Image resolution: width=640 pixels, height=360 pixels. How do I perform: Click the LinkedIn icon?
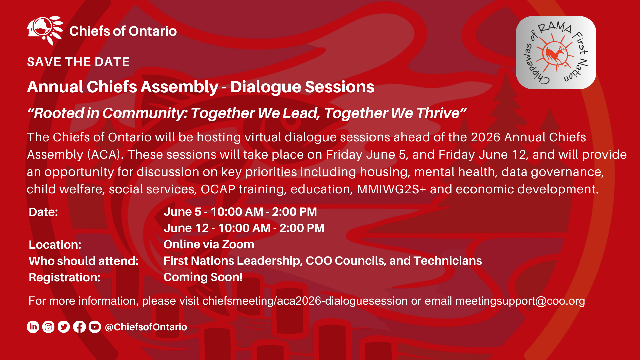coord(33,327)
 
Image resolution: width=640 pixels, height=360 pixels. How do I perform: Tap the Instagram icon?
coord(48,327)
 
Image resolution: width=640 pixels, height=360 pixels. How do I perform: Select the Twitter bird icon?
coord(64,327)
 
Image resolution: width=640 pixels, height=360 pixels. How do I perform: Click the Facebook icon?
coord(79,327)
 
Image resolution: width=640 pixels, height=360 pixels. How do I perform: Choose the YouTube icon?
coord(95,327)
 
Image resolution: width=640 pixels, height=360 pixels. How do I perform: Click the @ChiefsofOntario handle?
coord(146,327)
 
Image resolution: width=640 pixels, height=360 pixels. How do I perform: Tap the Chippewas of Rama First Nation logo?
coord(556,52)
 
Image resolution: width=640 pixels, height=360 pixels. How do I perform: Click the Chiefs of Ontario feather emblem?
coord(45,30)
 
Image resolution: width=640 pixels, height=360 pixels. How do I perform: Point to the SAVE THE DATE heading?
coord(78,62)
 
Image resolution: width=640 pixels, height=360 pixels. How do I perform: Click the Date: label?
coord(43,212)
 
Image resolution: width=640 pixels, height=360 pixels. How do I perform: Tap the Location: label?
coord(55,245)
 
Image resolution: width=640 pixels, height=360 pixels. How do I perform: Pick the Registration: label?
coord(65,277)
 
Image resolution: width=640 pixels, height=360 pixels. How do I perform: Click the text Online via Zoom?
coord(209,244)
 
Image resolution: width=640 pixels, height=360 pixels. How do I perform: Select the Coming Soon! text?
coord(203,277)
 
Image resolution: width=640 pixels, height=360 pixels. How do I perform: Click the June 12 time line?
coord(244,228)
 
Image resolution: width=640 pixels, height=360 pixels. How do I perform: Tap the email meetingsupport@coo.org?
coord(520,301)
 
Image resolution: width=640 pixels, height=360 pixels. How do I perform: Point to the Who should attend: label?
coord(84,261)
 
